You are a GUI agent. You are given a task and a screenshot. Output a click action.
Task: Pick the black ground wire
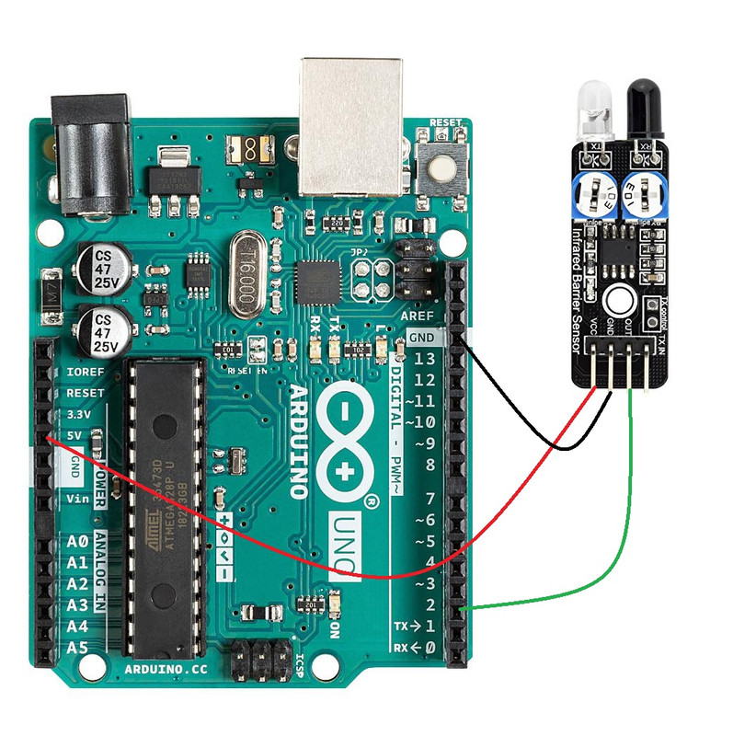[x=515, y=414]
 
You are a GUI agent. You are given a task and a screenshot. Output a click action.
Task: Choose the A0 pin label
[x=77, y=542]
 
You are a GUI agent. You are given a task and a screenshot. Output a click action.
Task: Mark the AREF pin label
[x=418, y=316]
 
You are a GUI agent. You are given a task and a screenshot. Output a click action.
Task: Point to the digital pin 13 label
[x=423, y=359]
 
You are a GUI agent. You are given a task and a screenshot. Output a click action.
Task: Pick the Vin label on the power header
[x=78, y=498]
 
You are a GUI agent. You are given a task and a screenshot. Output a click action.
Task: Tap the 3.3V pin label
[x=77, y=413]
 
